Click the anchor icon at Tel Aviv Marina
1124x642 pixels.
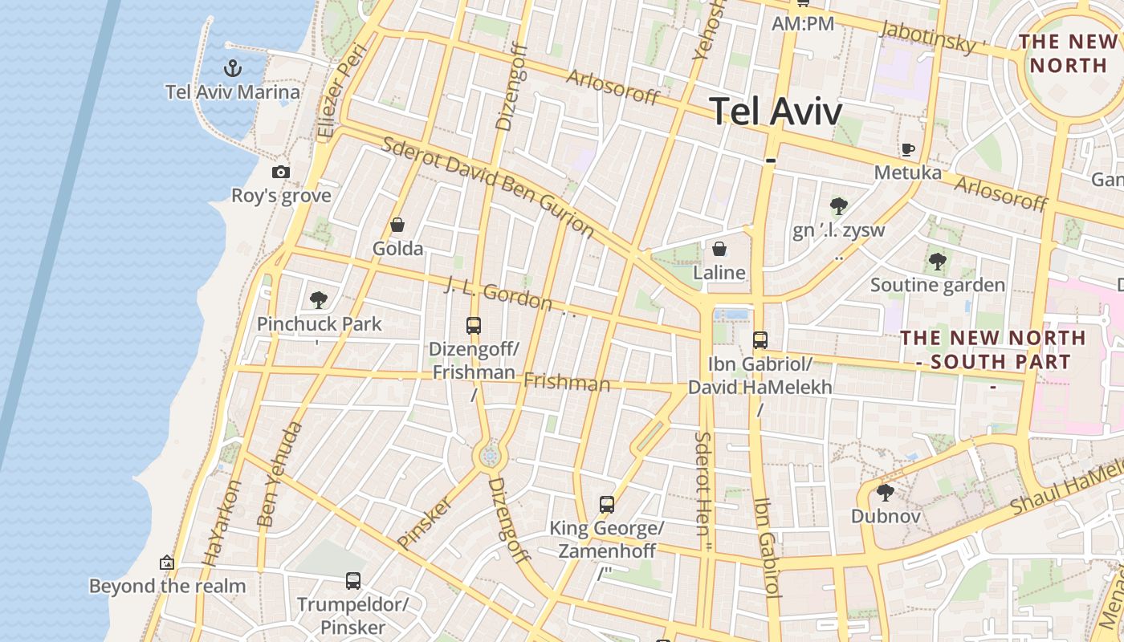[233, 67]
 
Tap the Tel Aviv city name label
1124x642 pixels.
[776, 112]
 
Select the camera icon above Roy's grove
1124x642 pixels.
[280, 172]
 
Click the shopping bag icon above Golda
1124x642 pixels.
[397, 225]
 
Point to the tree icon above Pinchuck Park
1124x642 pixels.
[319, 300]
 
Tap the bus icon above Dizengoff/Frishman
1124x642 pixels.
[474, 326]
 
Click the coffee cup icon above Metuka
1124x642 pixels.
[907, 149]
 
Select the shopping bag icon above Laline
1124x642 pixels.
[719, 249]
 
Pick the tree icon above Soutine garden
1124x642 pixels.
[937, 261]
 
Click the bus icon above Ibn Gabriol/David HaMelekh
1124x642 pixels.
[760, 340]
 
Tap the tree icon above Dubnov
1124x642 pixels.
[886, 492]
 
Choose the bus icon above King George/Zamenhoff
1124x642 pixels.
[607, 505]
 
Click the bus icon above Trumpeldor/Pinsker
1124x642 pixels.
[352, 580]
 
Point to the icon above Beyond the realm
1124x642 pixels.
[167, 563]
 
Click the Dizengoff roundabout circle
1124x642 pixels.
[490, 457]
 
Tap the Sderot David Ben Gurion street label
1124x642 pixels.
[488, 187]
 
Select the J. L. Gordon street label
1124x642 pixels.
[499, 295]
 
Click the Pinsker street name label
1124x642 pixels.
[425, 522]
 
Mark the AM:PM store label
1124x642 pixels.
[802, 24]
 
